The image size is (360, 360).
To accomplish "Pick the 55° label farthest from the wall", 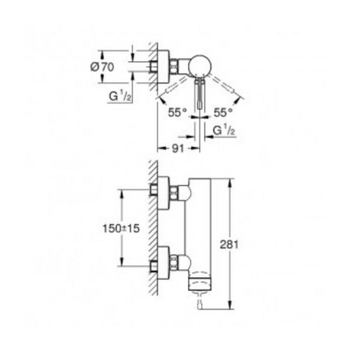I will pyautogui.click(x=222, y=112).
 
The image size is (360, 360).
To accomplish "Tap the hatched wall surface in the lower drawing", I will pyautogui.click(x=153, y=230).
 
